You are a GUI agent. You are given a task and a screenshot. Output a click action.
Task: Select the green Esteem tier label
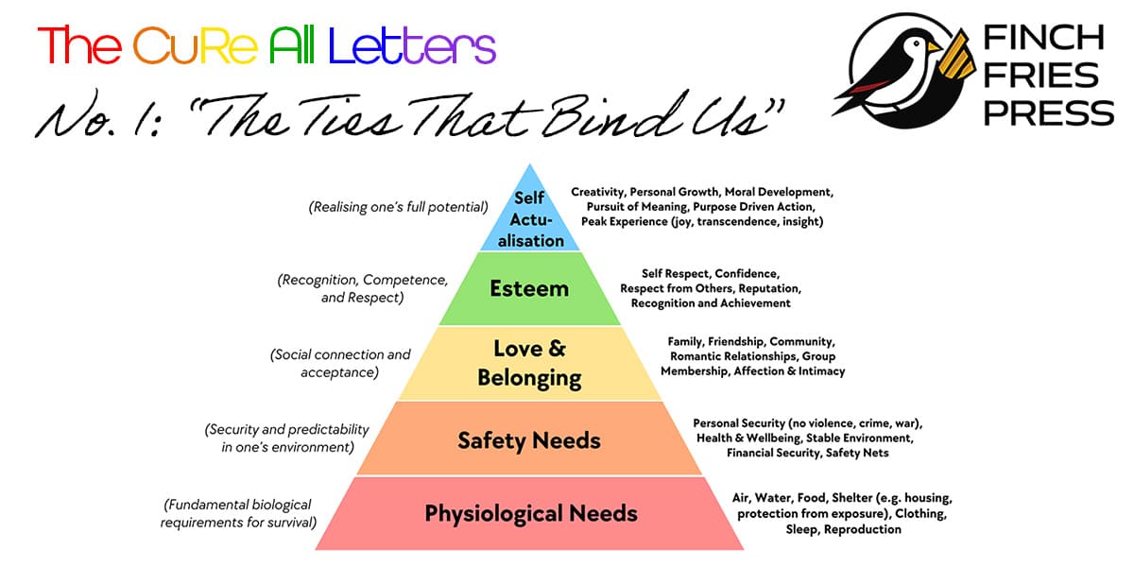point(528,288)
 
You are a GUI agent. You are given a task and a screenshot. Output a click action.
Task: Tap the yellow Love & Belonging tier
point(529,364)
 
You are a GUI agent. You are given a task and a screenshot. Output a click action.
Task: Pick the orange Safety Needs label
point(529,439)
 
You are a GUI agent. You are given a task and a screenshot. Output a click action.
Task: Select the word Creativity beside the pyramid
point(597,192)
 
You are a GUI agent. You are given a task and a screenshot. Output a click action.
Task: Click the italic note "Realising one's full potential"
point(398,207)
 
